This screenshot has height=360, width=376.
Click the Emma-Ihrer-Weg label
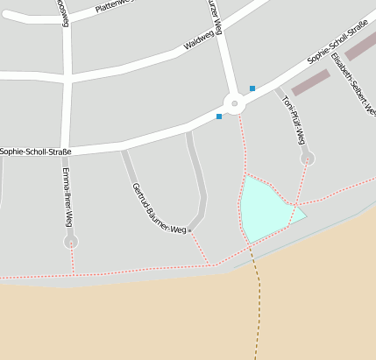pyautogui.click(x=67, y=197)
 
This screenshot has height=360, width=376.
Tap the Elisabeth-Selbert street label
pyautogui.click(x=354, y=79)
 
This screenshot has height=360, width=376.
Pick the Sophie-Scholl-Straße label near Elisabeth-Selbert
pyautogui.click(x=337, y=45)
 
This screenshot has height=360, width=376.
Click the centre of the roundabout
pyautogui.click(x=233, y=104)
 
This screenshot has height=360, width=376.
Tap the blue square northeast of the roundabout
pyautogui.click(x=252, y=88)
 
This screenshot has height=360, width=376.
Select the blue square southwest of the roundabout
pyautogui.click(x=219, y=116)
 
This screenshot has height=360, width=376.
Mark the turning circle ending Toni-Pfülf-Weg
pyautogui.click(x=307, y=159)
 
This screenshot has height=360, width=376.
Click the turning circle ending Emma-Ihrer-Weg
pyautogui.click(x=71, y=241)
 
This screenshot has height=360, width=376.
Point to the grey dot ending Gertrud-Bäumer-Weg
pyautogui.click(x=189, y=230)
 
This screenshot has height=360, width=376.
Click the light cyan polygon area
pyautogui.click(x=264, y=208)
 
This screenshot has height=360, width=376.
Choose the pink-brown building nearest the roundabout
pyautogui.click(x=310, y=82)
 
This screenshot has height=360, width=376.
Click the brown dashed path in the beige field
pyautogui.click(x=259, y=307)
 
